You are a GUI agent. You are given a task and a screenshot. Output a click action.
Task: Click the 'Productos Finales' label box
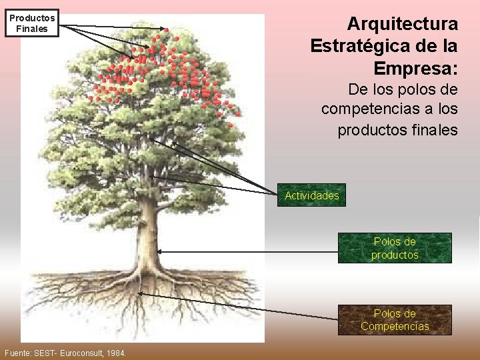[x=32, y=23]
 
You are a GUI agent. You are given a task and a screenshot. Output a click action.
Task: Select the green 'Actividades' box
[x=312, y=195]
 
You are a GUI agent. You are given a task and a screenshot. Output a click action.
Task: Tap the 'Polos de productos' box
[x=395, y=248]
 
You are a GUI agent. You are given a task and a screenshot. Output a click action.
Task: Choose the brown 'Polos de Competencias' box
[x=395, y=320]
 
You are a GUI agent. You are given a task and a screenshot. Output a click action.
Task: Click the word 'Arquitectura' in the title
[x=403, y=25]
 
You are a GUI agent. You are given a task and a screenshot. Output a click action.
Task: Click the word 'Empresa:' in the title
[x=416, y=69]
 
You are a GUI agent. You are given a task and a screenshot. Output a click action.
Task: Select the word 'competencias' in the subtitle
[x=377, y=109]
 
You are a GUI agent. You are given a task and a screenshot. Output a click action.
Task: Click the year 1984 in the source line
[x=116, y=352]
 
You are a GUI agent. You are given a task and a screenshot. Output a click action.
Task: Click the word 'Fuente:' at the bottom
[x=18, y=352]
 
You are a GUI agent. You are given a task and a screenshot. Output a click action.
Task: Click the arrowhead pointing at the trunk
[x=159, y=252]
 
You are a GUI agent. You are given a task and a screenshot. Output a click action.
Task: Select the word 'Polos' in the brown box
[x=385, y=313]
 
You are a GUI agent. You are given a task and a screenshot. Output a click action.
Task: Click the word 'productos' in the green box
[x=395, y=255]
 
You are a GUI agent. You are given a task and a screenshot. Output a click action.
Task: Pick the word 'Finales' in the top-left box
[x=32, y=29]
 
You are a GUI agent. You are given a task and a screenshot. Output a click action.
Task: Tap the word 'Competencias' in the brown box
[x=395, y=327]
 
